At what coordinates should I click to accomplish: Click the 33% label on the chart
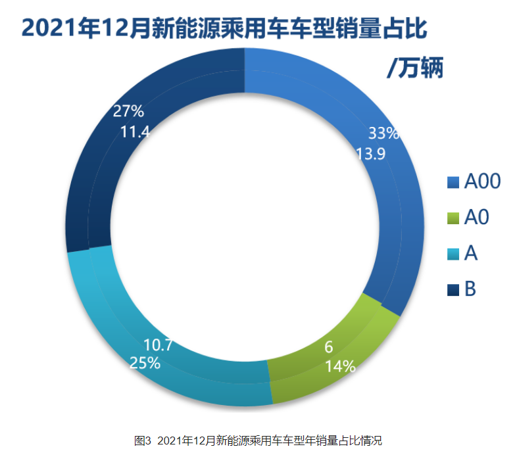click(383, 133)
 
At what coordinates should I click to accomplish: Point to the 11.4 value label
click(135, 132)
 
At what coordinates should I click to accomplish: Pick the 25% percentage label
click(145, 363)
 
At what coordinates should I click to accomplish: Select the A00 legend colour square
click(453, 181)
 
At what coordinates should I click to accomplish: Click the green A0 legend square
click(453, 218)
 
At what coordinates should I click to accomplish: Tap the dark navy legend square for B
click(453, 289)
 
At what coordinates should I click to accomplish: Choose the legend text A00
click(483, 181)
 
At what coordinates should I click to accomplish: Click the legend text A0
click(477, 218)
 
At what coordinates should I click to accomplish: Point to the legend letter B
click(470, 289)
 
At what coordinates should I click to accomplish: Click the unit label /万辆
click(414, 68)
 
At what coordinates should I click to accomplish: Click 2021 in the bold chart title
click(47, 28)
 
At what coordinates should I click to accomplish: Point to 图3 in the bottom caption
click(143, 440)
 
